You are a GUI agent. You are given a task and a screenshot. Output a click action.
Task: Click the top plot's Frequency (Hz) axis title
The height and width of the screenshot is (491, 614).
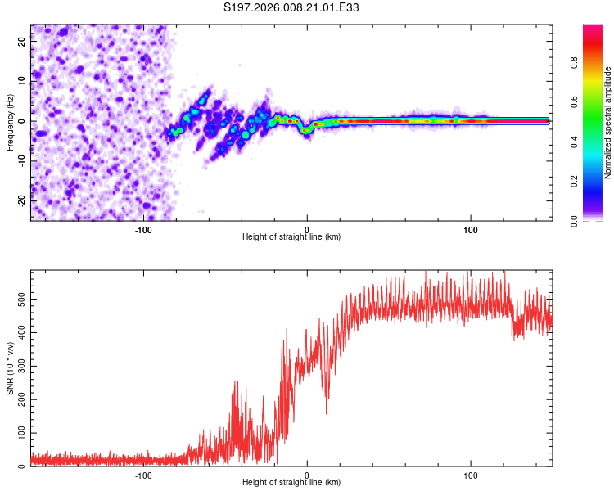[x=10, y=122]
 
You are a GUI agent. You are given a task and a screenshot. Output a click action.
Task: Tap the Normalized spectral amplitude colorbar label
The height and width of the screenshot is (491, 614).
[x=608, y=123]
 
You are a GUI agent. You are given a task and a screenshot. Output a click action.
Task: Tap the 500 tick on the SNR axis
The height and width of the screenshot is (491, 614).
[x=21, y=300]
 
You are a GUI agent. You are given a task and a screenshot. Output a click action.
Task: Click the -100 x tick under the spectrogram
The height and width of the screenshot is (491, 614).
[x=143, y=229]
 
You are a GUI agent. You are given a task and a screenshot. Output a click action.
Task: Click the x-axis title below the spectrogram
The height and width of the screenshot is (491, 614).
[x=291, y=237]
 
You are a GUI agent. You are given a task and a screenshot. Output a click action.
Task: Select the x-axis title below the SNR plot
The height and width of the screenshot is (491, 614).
[x=291, y=483]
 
